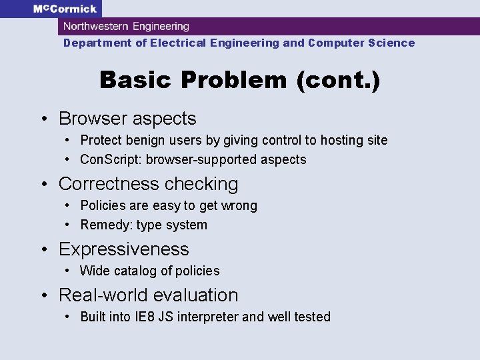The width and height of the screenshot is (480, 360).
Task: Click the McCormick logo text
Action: pos(65,9)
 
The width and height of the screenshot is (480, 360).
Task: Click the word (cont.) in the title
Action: pos(339,80)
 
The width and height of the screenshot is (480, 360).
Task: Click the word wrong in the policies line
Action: pos(239,205)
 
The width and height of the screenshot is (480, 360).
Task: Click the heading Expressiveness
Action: pos(124,249)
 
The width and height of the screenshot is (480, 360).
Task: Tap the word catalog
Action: pos(135,271)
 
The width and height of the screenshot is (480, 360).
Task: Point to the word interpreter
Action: pos(206,317)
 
